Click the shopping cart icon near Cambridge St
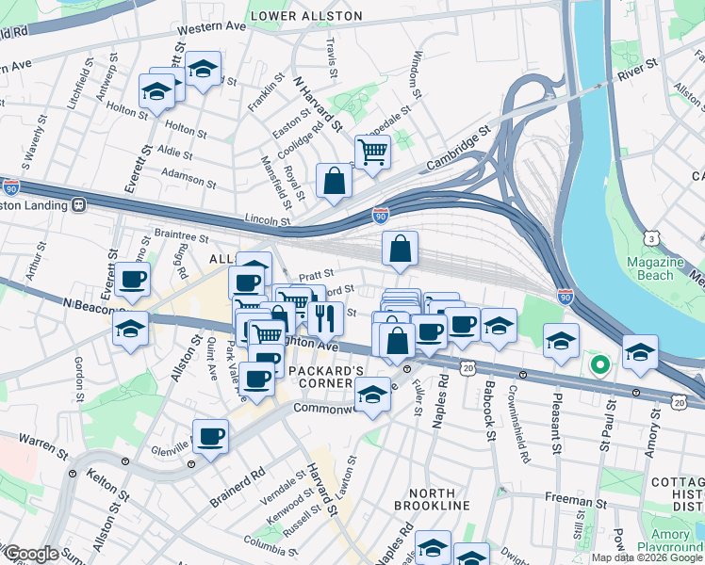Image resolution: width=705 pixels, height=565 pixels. tap(372, 151)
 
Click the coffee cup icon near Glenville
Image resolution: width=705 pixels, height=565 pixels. tap(210, 437)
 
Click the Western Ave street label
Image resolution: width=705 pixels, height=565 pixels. tap(210, 27)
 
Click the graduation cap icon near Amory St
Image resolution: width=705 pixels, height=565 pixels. tap(640, 351)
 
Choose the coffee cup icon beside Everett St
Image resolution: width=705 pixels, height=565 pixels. tap(134, 279)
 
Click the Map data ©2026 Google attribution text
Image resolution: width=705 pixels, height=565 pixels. tap(646, 557)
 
